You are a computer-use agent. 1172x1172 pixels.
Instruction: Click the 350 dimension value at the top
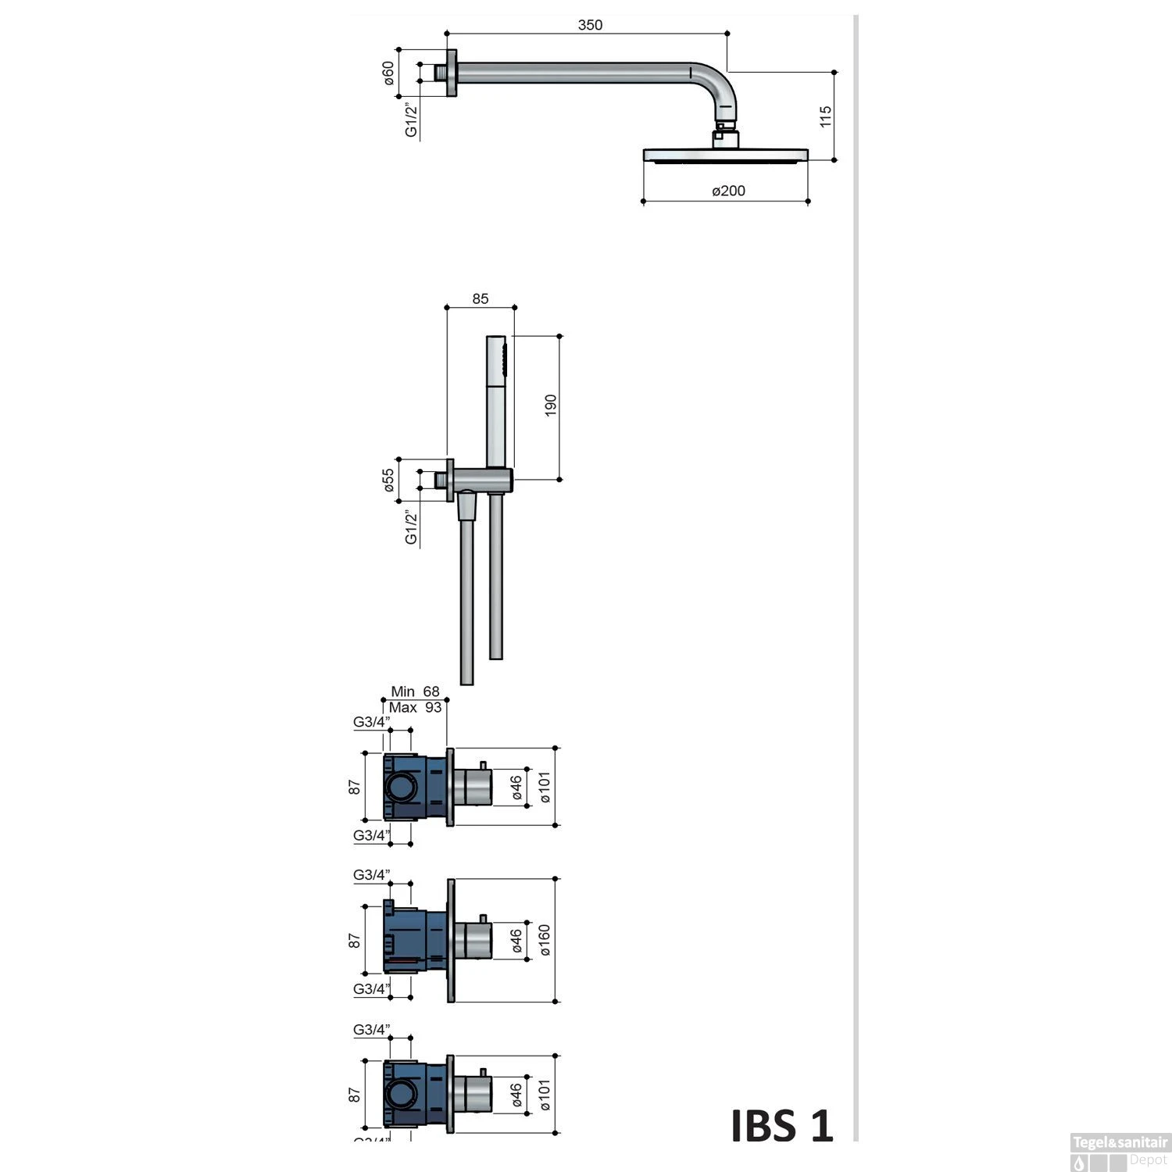[x=590, y=25]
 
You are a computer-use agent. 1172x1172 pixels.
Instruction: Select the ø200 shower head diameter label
[x=728, y=191]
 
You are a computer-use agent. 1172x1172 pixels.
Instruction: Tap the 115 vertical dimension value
[x=826, y=116]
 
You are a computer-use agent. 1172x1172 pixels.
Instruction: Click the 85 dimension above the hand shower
[x=480, y=298]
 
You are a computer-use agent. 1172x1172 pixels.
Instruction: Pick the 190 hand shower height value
[x=550, y=406]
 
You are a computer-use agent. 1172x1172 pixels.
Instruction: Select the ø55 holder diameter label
[x=388, y=480]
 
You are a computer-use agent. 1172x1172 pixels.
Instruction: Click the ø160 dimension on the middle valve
[x=544, y=941]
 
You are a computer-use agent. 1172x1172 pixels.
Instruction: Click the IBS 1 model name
[x=782, y=1126]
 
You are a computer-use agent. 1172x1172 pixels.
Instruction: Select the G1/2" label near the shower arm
[x=411, y=121]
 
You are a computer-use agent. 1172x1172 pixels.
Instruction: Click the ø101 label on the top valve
[x=544, y=788]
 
